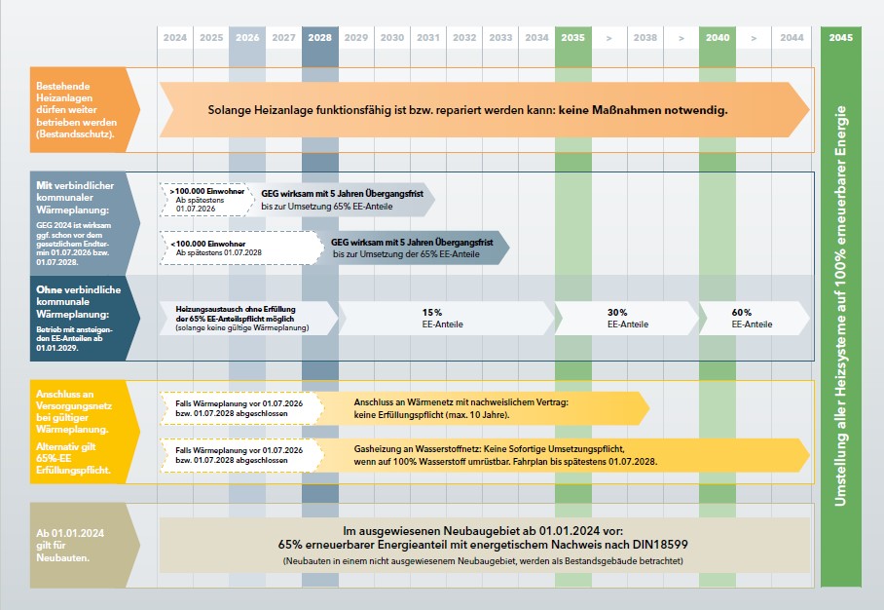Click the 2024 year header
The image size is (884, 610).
175,38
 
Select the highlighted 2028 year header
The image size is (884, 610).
319,38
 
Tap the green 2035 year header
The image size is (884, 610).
572,38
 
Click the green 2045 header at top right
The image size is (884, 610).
840,38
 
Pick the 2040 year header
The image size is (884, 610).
718,38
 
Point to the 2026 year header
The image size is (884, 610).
247,38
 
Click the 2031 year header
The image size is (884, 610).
427,38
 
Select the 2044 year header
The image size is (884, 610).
791,38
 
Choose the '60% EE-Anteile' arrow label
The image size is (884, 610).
751,318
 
